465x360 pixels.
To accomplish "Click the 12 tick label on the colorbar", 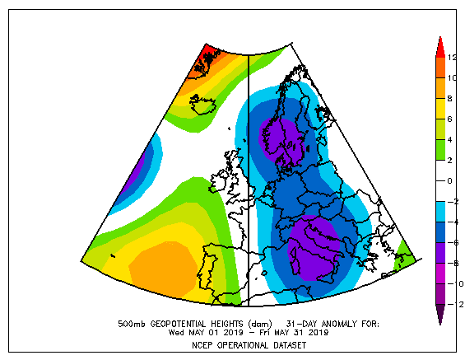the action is click(x=452, y=58).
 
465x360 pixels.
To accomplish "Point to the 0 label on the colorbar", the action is click(x=450, y=180).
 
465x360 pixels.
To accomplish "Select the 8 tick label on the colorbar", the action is click(x=450, y=99).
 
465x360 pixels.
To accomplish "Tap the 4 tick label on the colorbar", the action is click(x=450, y=139).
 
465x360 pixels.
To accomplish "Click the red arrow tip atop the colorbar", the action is click(x=440, y=47).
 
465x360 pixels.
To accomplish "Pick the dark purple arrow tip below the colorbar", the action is click(x=440, y=315).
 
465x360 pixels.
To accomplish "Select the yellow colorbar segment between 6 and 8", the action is click(x=440, y=109).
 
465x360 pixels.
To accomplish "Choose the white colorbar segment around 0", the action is click(x=440, y=180).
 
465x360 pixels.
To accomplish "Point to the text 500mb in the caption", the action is click(x=132, y=324).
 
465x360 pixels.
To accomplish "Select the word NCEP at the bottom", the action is click(x=202, y=345).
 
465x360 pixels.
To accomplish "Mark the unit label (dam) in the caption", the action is click(x=260, y=324).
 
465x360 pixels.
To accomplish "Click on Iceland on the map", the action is click(x=202, y=105).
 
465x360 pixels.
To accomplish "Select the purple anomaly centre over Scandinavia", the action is click(x=281, y=140).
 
